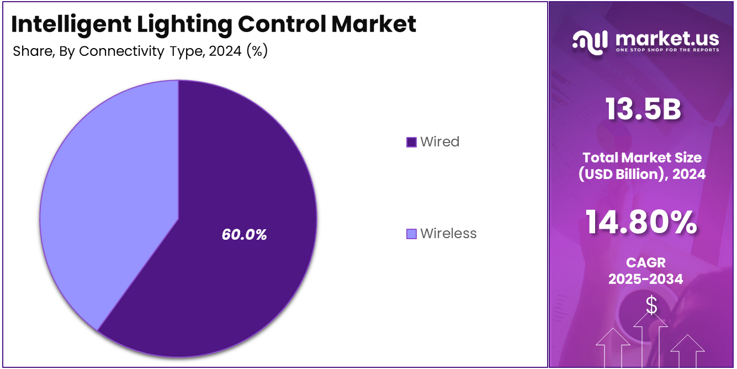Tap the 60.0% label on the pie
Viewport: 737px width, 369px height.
pyautogui.click(x=244, y=235)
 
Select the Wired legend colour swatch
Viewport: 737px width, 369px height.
pyautogui.click(x=411, y=142)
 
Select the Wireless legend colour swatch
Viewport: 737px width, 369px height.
pyautogui.click(x=411, y=234)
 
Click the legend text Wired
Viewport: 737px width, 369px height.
pyautogui.click(x=439, y=142)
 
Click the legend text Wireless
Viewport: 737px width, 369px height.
pyautogui.click(x=448, y=234)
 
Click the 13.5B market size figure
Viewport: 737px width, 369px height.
pyautogui.click(x=643, y=109)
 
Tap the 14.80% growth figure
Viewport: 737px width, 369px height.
pyautogui.click(x=641, y=223)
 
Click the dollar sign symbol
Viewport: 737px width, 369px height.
pyautogui.click(x=651, y=305)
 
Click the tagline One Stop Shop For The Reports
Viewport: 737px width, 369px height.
pyautogui.click(x=667, y=50)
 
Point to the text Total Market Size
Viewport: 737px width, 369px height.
pyautogui.click(x=642, y=158)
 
